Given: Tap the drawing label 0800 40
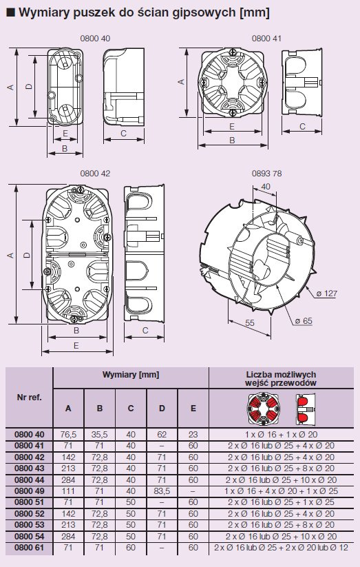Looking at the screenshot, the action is tap(95, 39).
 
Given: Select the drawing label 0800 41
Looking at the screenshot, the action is tap(266, 39).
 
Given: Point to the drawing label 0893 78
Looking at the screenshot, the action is tap(266, 174).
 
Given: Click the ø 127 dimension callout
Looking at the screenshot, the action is tap(326, 293).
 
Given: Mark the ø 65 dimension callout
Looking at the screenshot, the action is tap(304, 321).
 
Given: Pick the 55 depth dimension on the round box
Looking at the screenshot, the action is tap(250, 322).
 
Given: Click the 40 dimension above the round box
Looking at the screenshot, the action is tap(266, 187).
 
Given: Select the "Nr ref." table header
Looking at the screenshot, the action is tap(30, 398).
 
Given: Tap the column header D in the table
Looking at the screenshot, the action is tap(162, 409).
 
